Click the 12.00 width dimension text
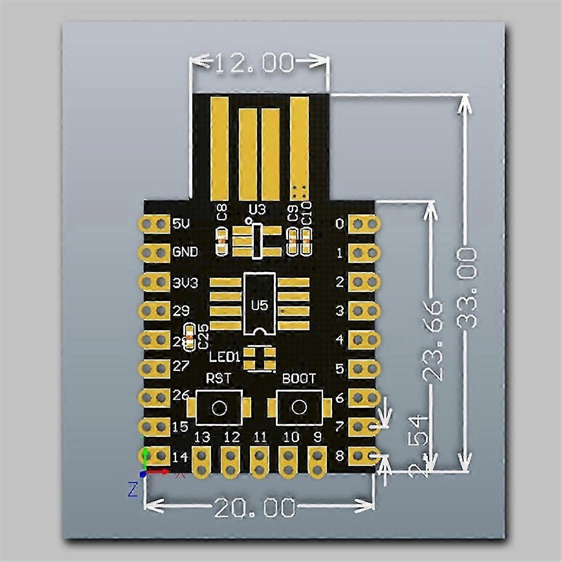click(255, 63)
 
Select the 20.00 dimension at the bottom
click(255, 507)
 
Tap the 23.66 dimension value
click(432, 341)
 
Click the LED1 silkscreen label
click(224, 357)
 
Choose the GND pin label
click(185, 252)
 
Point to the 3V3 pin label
click(185, 282)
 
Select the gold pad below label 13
click(202, 461)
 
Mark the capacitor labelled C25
click(189, 337)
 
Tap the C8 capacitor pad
click(221, 241)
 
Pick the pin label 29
click(182, 311)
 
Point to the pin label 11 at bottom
click(260, 437)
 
